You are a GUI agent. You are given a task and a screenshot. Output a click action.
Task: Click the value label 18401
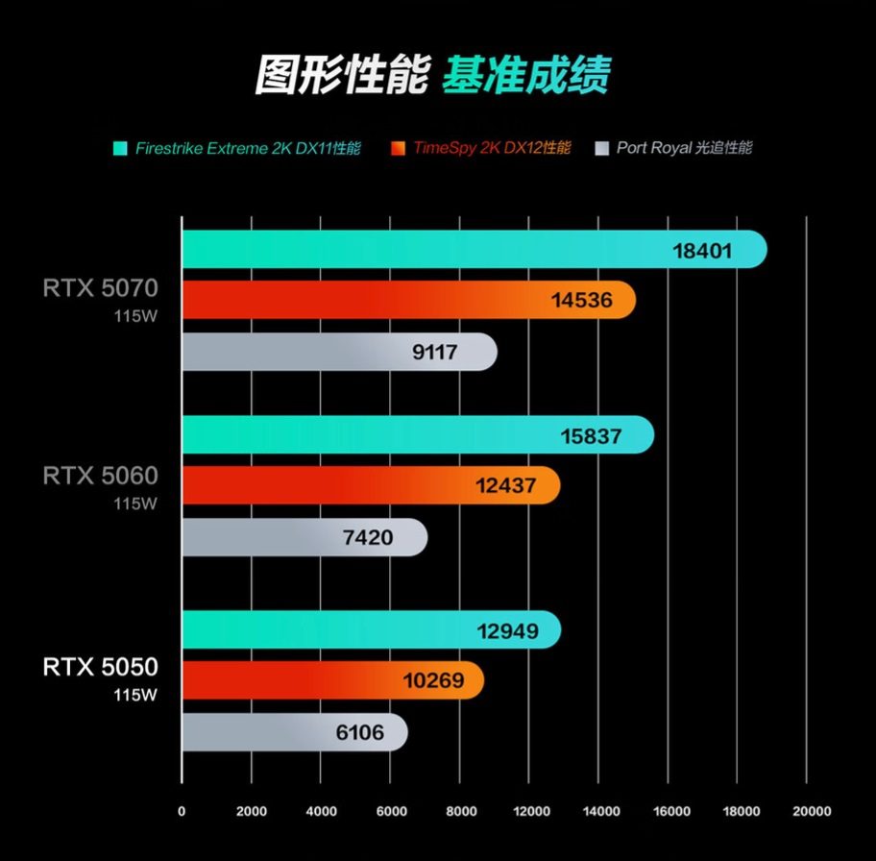pyautogui.click(x=702, y=252)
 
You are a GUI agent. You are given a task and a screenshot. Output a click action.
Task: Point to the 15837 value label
pyautogui.click(x=591, y=436)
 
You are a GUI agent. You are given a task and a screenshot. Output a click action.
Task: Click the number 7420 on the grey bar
pyautogui.click(x=368, y=537)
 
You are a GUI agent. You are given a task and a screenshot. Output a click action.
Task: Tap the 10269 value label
pyautogui.click(x=433, y=681)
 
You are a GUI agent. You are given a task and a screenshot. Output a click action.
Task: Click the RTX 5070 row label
pyautogui.click(x=100, y=287)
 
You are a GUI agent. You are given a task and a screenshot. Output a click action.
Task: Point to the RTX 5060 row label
pyautogui.click(x=100, y=475)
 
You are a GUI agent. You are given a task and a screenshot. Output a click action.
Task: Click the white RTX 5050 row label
pyautogui.click(x=100, y=667)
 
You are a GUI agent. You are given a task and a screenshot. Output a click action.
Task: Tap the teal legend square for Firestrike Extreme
pyautogui.click(x=120, y=148)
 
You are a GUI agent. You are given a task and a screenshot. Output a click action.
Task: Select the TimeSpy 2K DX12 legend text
pyautogui.click(x=492, y=148)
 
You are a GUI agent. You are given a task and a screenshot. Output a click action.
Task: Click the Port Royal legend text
pyautogui.click(x=684, y=148)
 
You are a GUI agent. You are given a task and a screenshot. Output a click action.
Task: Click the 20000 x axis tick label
pyautogui.click(x=811, y=811)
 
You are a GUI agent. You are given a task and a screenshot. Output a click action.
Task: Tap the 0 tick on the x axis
pyautogui.click(x=182, y=811)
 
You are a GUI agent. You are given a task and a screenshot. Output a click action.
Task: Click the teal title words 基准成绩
pyautogui.click(x=525, y=75)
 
